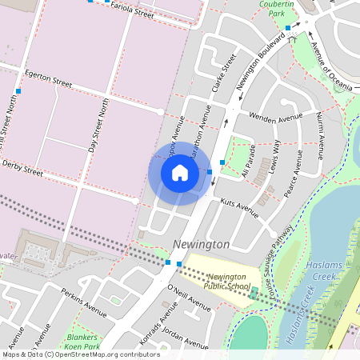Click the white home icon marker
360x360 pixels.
180,172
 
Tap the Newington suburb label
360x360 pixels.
201,243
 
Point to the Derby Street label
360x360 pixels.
22,167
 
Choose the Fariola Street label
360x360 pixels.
132,11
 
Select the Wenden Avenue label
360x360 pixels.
270,121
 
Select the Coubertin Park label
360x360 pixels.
282,9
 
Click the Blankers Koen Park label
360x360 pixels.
82,342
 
